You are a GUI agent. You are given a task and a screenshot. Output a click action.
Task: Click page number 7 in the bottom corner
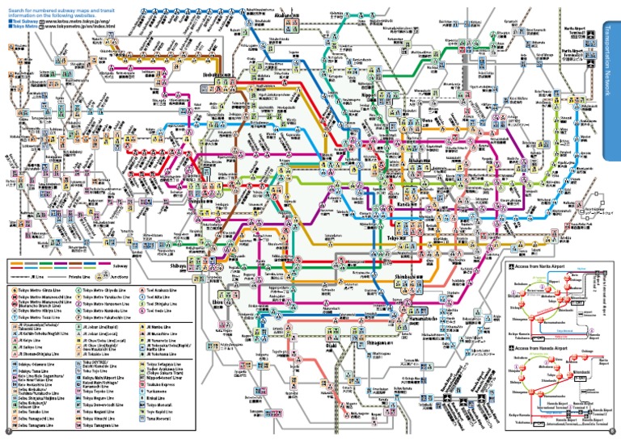point(6,432)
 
